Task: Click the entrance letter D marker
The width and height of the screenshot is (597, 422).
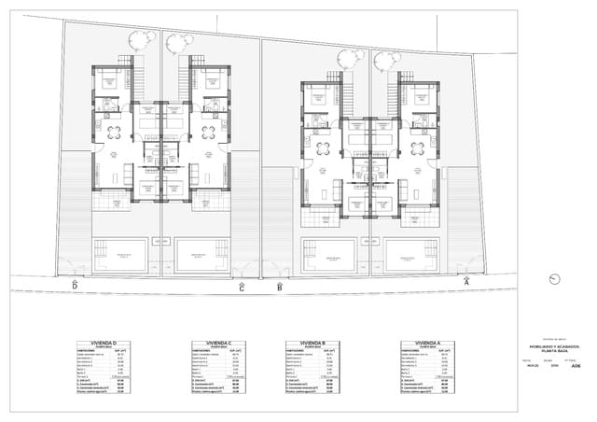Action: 75,286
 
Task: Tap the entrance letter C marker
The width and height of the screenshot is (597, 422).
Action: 242,288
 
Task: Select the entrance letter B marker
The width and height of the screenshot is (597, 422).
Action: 280,287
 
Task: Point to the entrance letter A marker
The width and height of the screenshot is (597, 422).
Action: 466,280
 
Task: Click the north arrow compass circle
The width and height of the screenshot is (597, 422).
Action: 558,278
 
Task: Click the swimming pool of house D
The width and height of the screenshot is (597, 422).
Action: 119,254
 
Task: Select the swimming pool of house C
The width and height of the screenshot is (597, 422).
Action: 201,254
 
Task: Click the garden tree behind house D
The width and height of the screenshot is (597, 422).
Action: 142,39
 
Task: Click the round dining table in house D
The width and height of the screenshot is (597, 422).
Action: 114,131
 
